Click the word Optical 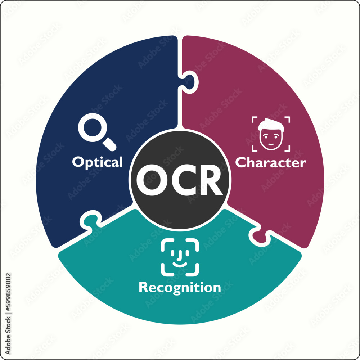click(x=97, y=162)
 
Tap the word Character click(x=271, y=163)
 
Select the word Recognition click(x=180, y=288)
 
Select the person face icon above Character click(x=271, y=134)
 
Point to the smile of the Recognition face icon click(x=180, y=264)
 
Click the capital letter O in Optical click(x=78, y=162)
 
